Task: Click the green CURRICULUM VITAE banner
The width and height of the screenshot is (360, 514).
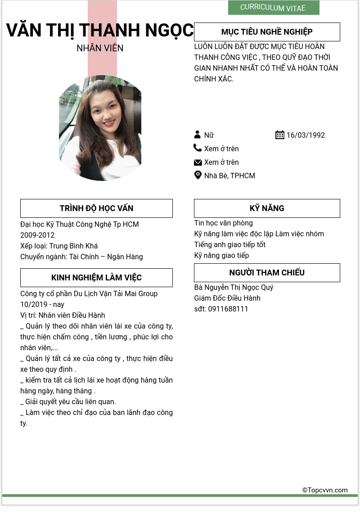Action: click(273, 8)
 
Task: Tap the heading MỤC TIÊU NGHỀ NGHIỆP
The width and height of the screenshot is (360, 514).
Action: click(267, 32)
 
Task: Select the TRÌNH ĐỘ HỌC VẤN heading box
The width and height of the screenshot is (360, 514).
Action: click(96, 208)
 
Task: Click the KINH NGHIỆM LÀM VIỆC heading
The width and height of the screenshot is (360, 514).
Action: click(96, 278)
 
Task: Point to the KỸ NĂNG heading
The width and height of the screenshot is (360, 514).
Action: click(267, 208)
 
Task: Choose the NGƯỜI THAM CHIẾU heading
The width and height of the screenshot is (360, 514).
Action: click(267, 273)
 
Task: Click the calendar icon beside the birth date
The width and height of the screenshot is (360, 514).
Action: click(279, 135)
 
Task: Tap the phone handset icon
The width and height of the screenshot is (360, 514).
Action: click(198, 148)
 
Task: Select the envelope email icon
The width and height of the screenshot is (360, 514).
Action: click(198, 162)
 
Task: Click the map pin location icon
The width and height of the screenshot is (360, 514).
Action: click(198, 175)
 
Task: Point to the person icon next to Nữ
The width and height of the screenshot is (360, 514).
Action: click(197, 135)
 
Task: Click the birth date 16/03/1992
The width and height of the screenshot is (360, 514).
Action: click(306, 135)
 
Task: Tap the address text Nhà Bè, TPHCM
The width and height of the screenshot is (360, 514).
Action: click(229, 176)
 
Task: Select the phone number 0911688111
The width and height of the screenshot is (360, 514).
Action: click(228, 309)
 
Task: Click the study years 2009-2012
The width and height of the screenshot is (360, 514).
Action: click(37, 235)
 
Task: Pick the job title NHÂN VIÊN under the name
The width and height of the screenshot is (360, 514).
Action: click(100, 48)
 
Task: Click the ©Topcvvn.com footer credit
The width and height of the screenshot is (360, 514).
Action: click(325, 490)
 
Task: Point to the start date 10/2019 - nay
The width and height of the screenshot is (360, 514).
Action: click(42, 305)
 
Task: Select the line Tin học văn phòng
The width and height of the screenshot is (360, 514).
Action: click(224, 223)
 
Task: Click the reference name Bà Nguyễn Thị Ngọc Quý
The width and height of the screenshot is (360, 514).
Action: click(234, 288)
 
